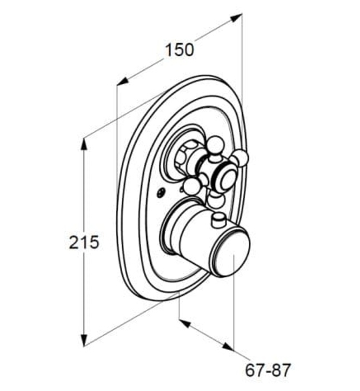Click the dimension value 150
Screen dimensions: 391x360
[x=179, y=49]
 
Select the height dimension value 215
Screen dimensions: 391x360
[x=84, y=242]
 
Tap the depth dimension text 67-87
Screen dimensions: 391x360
[x=268, y=369]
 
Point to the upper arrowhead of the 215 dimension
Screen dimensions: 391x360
[x=84, y=144]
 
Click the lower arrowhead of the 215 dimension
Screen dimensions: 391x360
[x=84, y=340]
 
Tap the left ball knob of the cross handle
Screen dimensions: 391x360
[x=191, y=186]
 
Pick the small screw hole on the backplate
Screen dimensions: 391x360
[x=161, y=193]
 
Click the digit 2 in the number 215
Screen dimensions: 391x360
[x=74, y=242]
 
